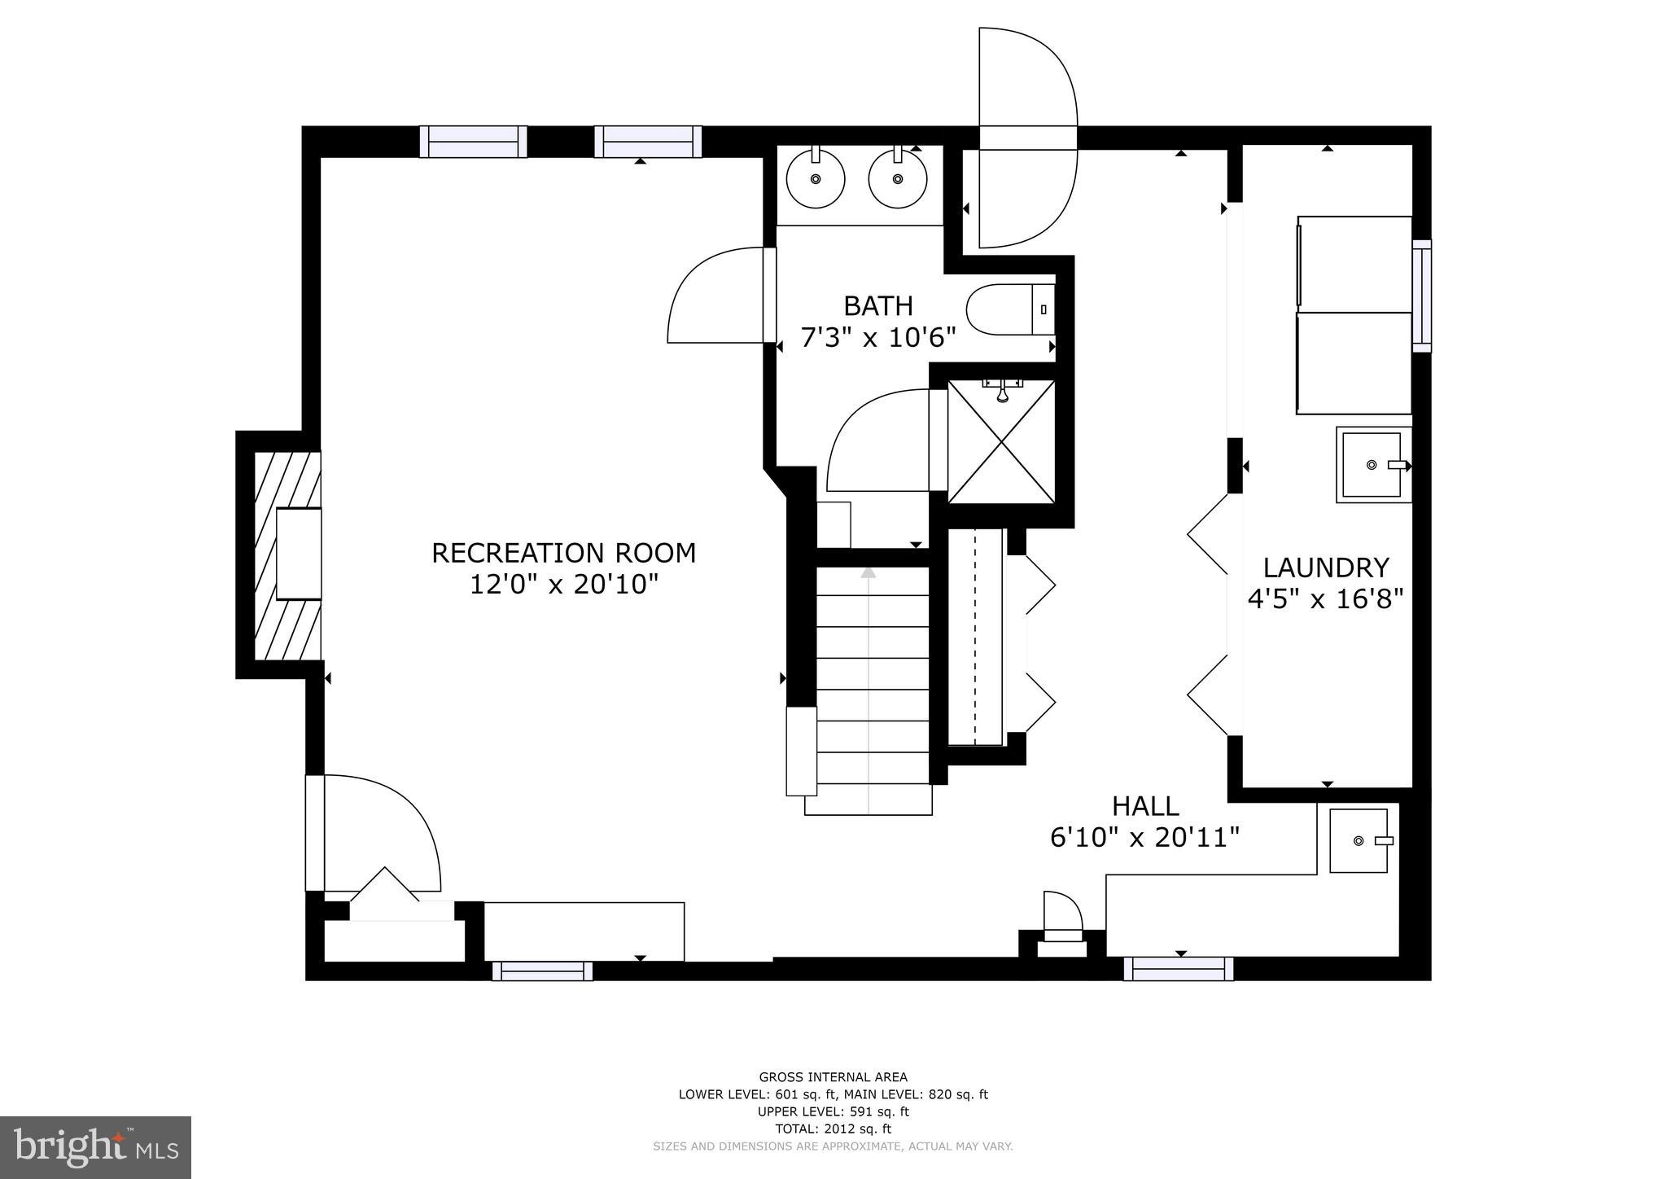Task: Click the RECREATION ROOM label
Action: (x=563, y=553)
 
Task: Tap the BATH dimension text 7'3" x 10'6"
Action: (x=877, y=337)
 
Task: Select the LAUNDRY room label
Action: (x=1325, y=568)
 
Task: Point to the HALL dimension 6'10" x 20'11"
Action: (x=1144, y=837)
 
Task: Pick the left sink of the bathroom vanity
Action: (x=815, y=179)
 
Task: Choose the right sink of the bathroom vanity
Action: (x=898, y=179)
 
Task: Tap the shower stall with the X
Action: (x=1001, y=441)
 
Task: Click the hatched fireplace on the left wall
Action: (x=286, y=554)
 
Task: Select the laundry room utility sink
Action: (x=1372, y=465)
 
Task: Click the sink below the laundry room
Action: (x=1359, y=840)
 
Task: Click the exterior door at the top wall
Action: (x=1027, y=138)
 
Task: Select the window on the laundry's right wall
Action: (x=1421, y=296)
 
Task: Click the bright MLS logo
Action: (x=95, y=1148)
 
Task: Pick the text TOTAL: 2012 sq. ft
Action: (x=833, y=1129)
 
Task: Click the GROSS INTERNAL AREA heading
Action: (x=833, y=1077)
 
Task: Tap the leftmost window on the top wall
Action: (x=473, y=142)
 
